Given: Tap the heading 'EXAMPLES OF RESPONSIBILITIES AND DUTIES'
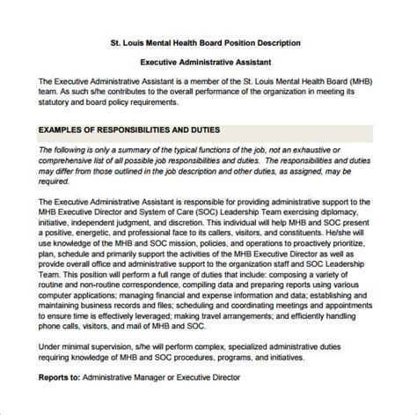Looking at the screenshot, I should [x=129, y=130].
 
